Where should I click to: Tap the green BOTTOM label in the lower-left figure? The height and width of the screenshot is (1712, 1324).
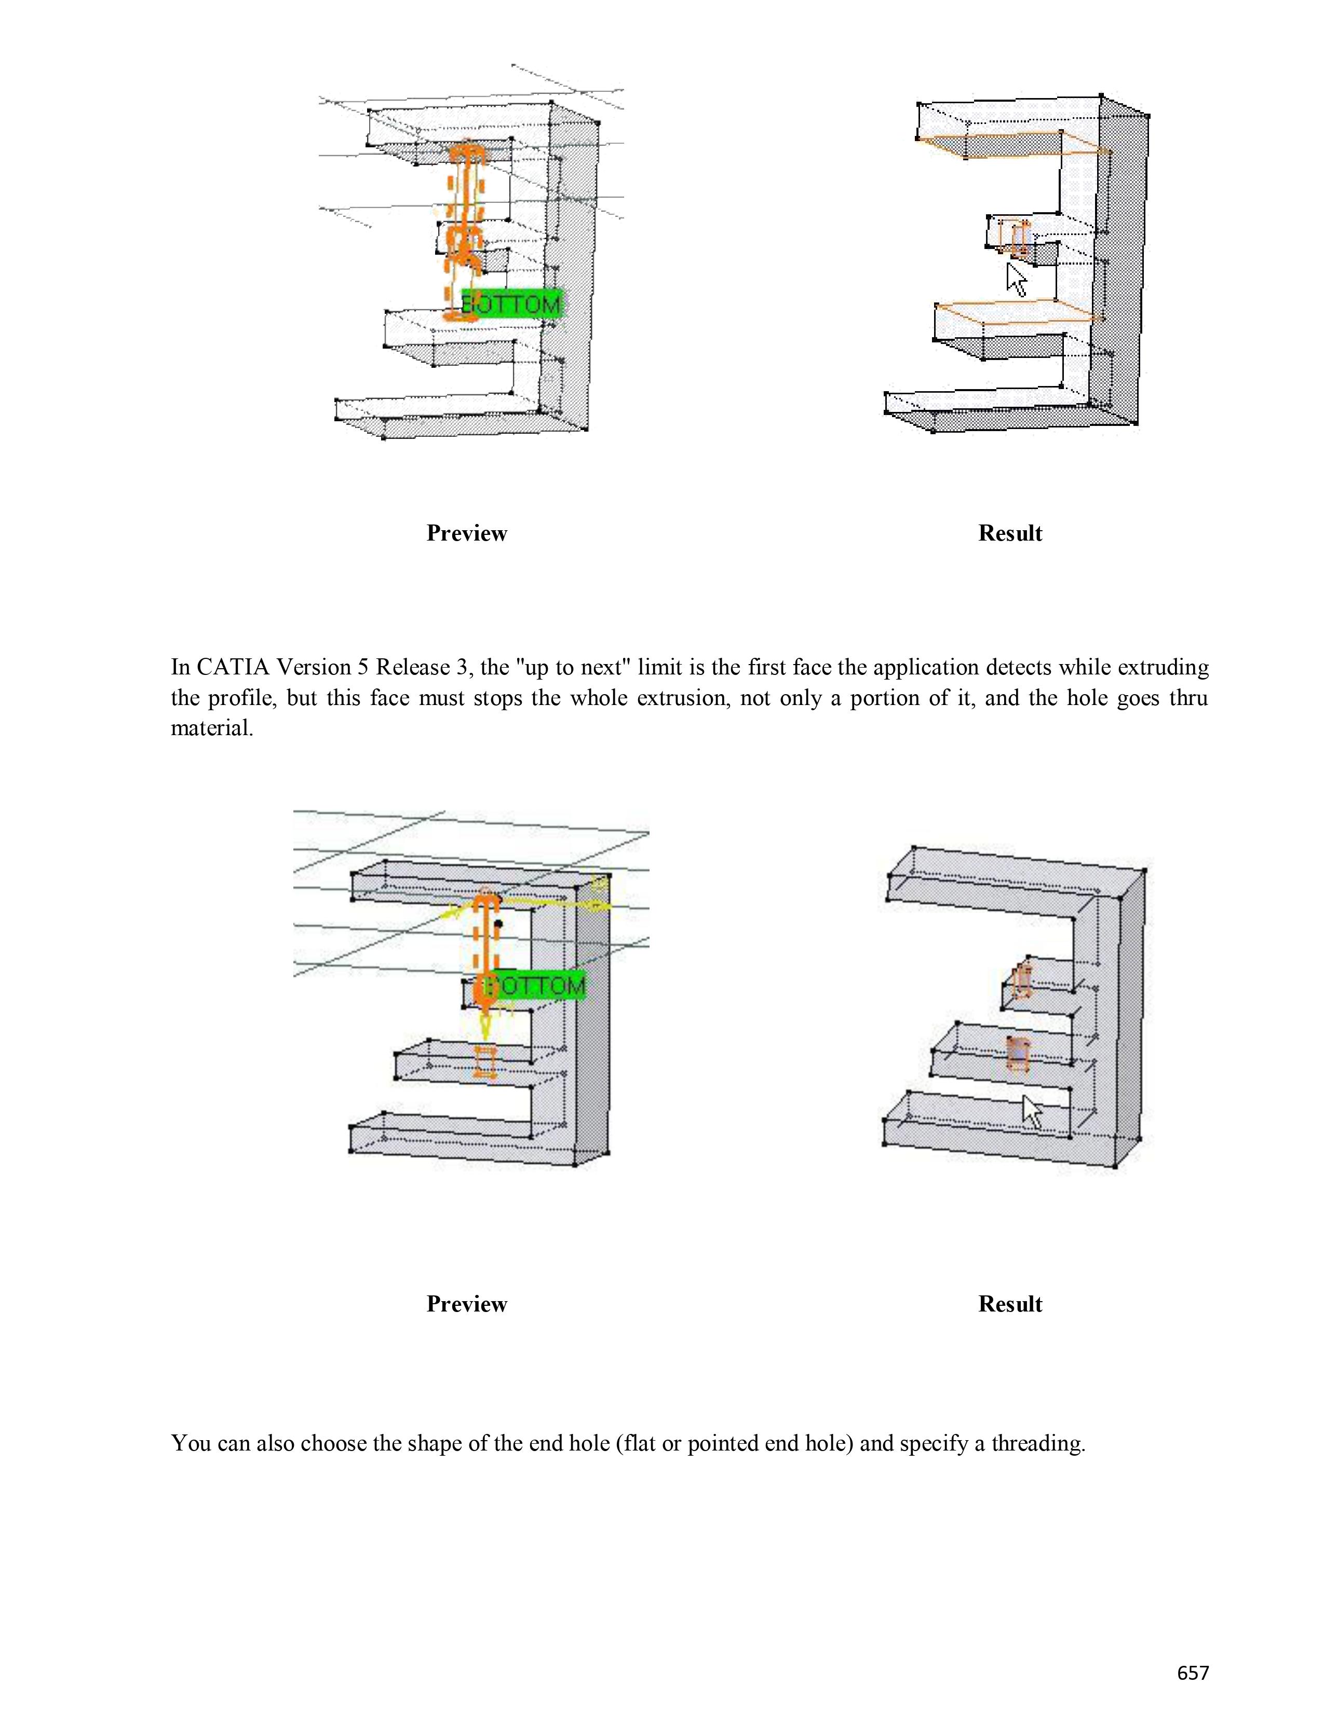[x=536, y=985]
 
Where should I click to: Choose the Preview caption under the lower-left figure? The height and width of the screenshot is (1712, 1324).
[x=467, y=1304]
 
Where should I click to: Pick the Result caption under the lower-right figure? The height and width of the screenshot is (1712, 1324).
[x=1009, y=1304]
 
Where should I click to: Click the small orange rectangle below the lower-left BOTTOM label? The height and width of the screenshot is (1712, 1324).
[x=485, y=1062]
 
